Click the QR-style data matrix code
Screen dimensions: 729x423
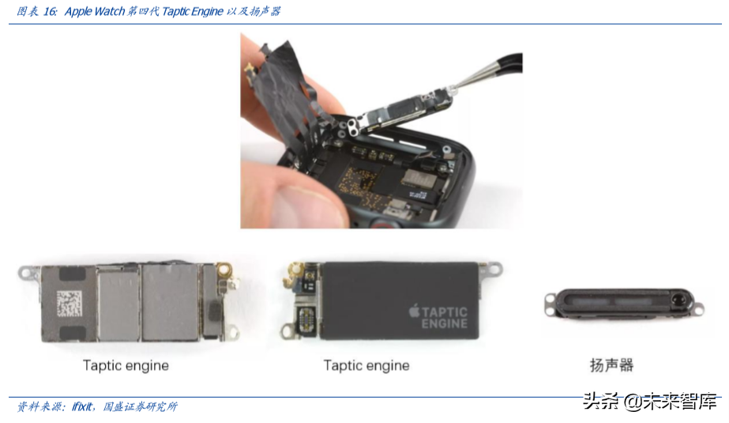coord(70,303)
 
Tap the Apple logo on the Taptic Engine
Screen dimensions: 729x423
coord(414,311)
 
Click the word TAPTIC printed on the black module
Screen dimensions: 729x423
coord(445,312)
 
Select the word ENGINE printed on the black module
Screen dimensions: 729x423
coord(445,323)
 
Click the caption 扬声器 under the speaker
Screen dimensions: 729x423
coord(611,365)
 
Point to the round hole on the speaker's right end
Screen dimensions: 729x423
coord(678,299)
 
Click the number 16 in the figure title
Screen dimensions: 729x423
coord(49,11)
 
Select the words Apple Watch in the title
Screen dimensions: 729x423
coord(94,11)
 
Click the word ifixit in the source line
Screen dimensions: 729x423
coord(82,406)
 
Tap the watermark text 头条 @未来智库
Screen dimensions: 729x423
coord(649,401)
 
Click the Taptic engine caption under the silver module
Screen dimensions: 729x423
coord(126,365)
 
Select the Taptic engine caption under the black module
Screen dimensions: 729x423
coord(366,365)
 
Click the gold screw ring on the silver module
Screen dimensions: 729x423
coord(225,269)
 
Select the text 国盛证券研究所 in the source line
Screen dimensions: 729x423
coord(140,406)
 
